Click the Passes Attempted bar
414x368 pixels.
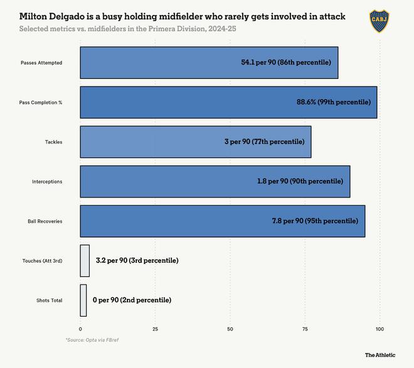pyautogui.click(x=209, y=63)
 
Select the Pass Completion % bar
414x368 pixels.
pyautogui.click(x=228, y=102)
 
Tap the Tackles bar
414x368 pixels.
pyautogui.click(x=195, y=142)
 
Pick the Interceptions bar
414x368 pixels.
pyautogui.click(x=215, y=181)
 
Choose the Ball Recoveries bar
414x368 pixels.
pyautogui.click(x=222, y=221)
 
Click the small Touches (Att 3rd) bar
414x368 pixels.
pyautogui.click(x=85, y=260)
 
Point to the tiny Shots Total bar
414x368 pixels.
pyautogui.click(x=83, y=300)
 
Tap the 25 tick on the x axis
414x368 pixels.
pyautogui.click(x=155, y=329)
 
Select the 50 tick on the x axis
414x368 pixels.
pyautogui.click(x=230, y=329)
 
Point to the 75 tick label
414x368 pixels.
pyautogui.click(x=305, y=329)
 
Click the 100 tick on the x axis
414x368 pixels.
pyautogui.click(x=379, y=329)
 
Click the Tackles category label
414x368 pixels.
pyautogui.click(x=53, y=142)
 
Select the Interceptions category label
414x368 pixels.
pyautogui.click(x=47, y=181)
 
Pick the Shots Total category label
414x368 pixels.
pyautogui.click(x=49, y=300)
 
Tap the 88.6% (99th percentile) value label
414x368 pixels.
pyautogui.click(x=333, y=102)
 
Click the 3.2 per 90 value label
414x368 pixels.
pyautogui.click(x=137, y=260)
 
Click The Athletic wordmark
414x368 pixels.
pyautogui.click(x=380, y=355)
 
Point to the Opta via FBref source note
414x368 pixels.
pyautogui.click(x=93, y=339)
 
